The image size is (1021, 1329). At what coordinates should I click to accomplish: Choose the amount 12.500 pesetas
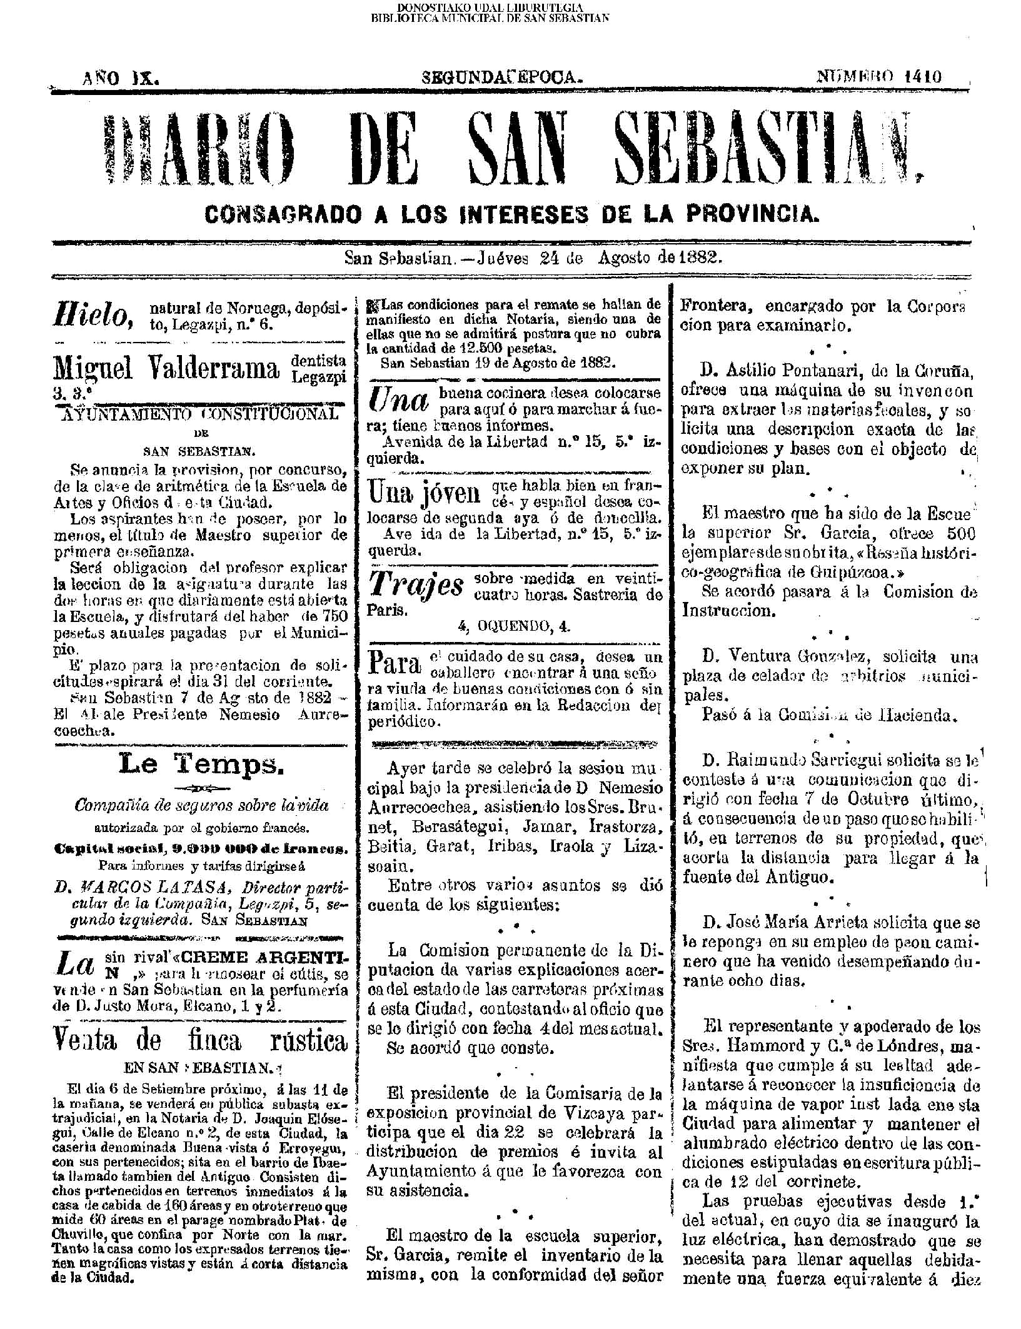click(498, 349)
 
